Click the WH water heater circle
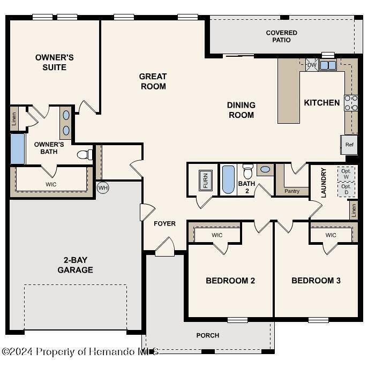click(103, 187)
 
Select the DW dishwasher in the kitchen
click(312, 65)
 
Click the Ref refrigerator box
click(349, 145)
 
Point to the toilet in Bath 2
click(247, 171)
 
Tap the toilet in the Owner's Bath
click(84, 155)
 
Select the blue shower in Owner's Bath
click(17, 149)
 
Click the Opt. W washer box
click(346, 174)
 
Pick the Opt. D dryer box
click(346, 189)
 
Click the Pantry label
click(292, 191)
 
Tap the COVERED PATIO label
click(281, 36)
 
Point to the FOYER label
click(164, 223)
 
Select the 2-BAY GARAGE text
click(75, 265)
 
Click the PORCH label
click(207, 335)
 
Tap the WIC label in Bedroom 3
click(331, 235)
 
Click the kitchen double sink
click(327, 65)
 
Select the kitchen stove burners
click(351, 103)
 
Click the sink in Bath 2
click(265, 170)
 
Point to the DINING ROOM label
click(241, 110)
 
